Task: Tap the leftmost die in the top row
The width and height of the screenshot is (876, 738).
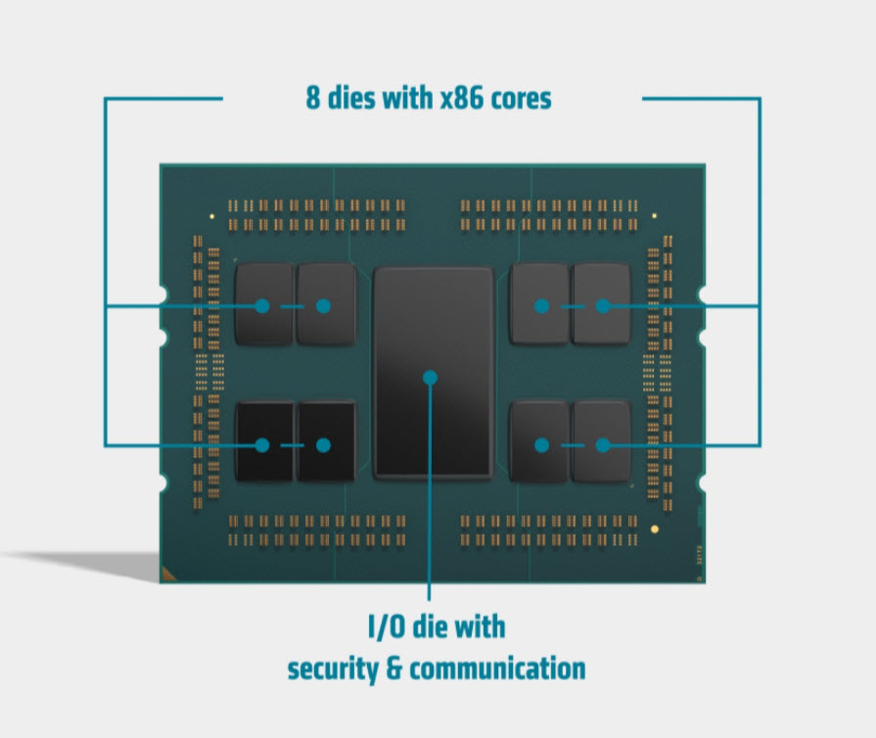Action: click(263, 303)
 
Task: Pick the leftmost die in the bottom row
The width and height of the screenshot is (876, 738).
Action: click(263, 442)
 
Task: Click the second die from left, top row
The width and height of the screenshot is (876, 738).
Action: click(326, 303)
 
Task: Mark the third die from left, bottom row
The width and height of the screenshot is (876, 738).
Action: click(539, 442)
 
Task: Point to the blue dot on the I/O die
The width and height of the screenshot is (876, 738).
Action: click(430, 376)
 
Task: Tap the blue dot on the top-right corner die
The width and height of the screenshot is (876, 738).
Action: click(603, 305)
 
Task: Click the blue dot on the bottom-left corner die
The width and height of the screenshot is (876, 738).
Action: click(262, 445)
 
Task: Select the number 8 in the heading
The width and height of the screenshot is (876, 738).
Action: click(312, 99)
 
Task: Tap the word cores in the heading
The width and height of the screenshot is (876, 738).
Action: click(522, 99)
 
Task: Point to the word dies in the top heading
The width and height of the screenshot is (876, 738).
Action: click(352, 99)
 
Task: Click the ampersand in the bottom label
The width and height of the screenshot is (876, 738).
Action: click(396, 670)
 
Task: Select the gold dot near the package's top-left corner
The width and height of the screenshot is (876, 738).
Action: click(211, 213)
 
